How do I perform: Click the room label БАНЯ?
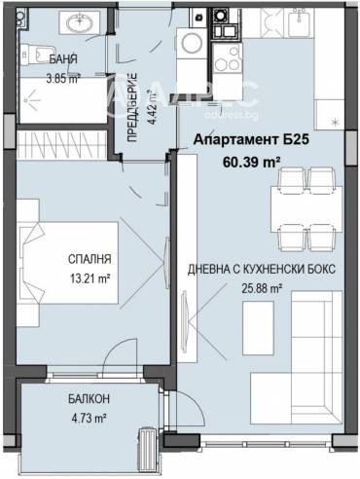pos(63,59)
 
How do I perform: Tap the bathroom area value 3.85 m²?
pos(63,79)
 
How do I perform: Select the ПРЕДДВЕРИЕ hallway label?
pos(132,108)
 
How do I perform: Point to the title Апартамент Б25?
pos(251,140)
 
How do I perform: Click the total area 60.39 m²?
pos(251,162)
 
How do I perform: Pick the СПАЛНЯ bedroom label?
pos(90,259)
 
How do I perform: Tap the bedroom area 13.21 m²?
pos(90,278)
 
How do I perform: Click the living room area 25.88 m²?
pos(262,288)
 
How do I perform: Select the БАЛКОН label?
pos(89,399)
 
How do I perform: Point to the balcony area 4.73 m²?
pos(89,419)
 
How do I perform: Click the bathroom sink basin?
pos(80,23)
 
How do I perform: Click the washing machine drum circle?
pos(192,43)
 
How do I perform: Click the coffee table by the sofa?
pos(258,328)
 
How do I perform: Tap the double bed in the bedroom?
pos(69,263)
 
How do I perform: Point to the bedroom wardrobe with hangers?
pos(62,145)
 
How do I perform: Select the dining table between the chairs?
pos(306,209)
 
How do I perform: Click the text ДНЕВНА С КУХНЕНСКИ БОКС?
pos(262,269)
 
